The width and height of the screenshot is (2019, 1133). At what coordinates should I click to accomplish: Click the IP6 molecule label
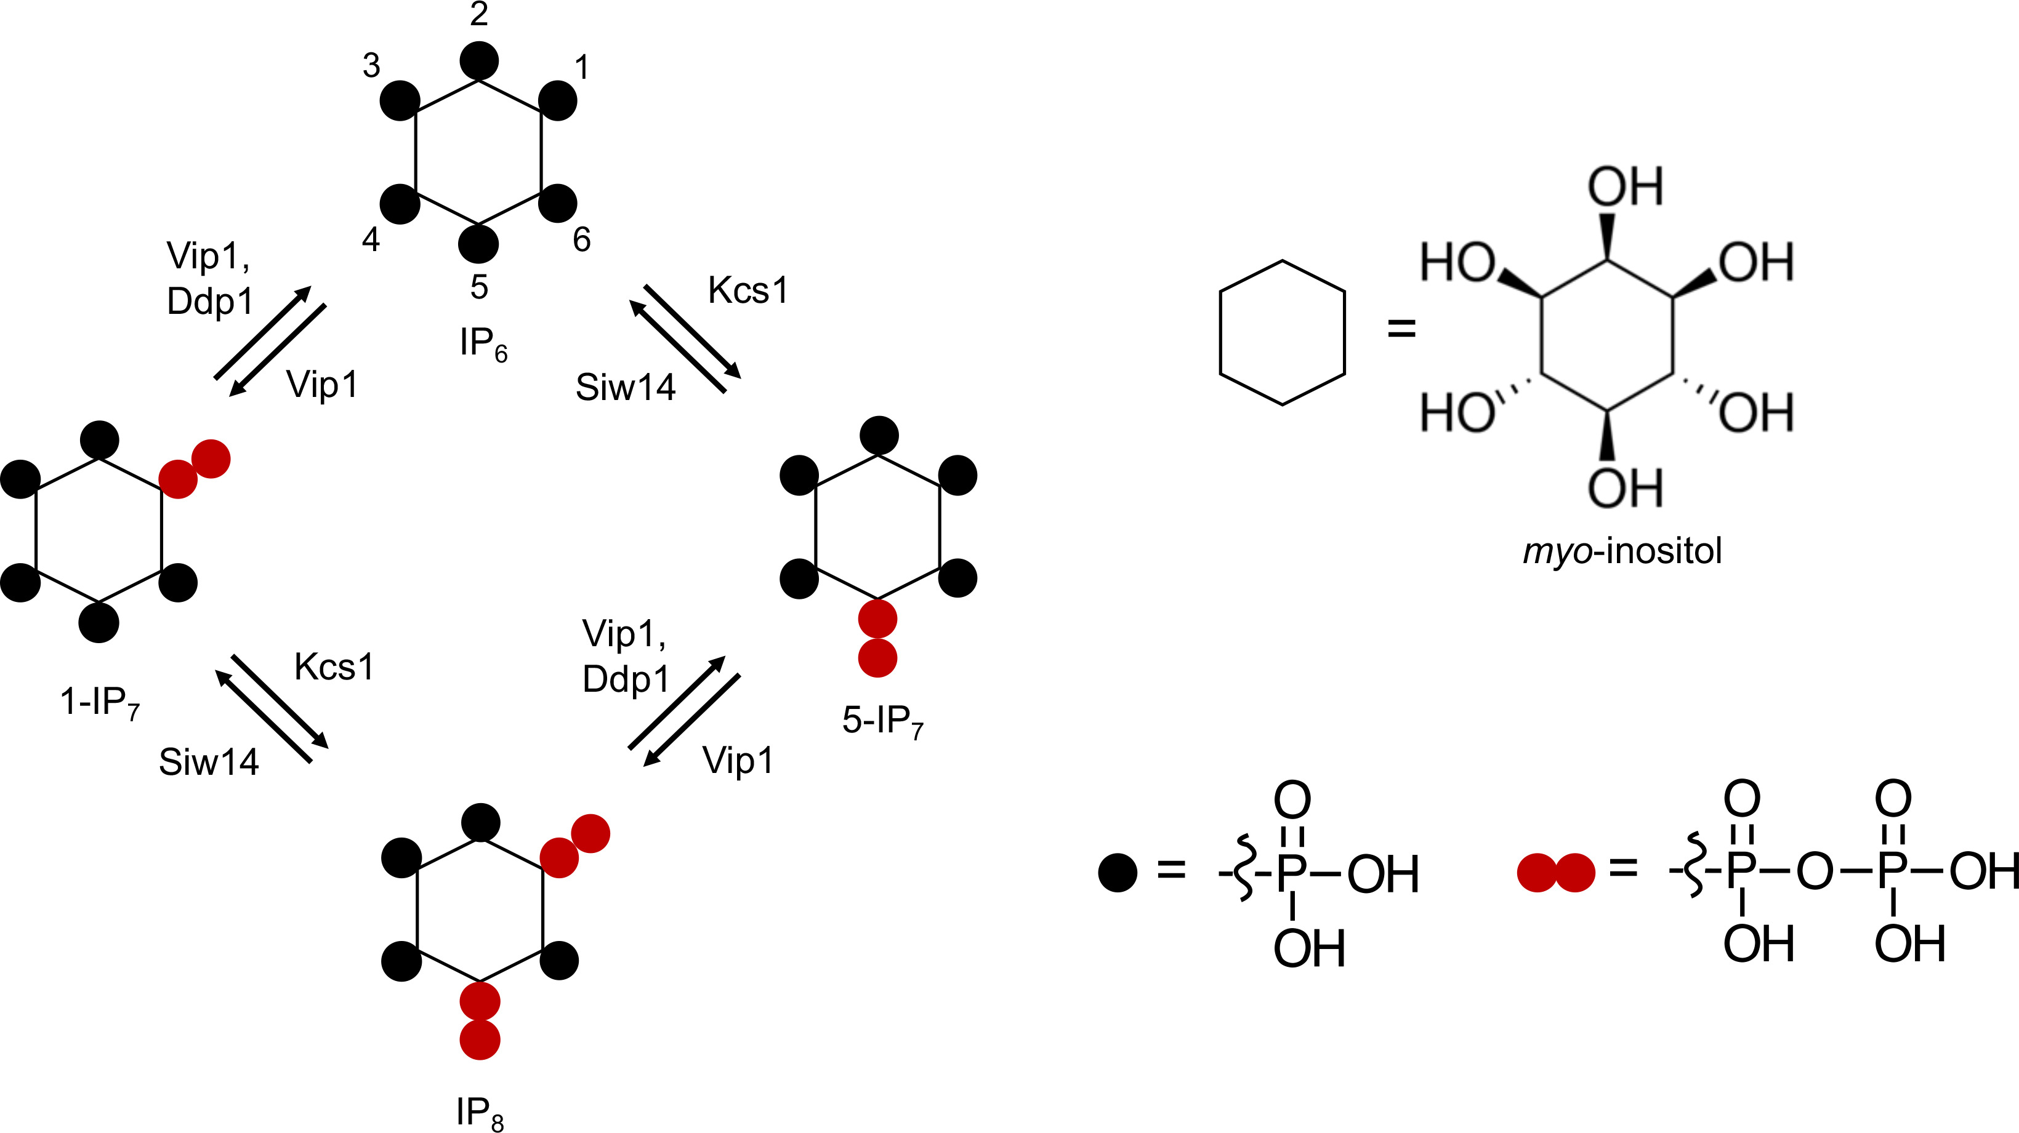pos(483,345)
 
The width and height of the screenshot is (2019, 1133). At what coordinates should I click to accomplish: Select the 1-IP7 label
pos(100,703)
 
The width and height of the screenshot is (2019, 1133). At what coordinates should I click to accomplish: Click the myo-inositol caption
pos(1622,551)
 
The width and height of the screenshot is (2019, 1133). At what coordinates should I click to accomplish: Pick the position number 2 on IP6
pos(479,14)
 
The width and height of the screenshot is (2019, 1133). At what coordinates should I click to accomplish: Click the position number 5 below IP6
pos(479,287)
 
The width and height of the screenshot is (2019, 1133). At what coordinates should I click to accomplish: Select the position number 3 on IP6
pos(371,66)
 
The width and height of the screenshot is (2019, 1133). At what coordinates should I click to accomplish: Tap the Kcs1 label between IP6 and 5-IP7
pos(748,290)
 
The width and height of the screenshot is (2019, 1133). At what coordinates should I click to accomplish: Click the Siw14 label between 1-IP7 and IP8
pos(209,763)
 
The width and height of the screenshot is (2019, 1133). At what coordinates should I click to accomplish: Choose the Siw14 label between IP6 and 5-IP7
pos(626,387)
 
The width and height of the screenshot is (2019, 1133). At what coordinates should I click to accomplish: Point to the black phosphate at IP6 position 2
pos(479,60)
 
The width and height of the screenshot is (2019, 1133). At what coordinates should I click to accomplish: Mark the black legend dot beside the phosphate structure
pos(1118,873)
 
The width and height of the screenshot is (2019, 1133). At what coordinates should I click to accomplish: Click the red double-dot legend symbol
pos(1556,873)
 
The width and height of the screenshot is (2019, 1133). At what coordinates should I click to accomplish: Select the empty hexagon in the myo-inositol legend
pos(1282,333)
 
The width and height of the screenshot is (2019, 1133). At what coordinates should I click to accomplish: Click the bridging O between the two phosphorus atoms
pos(1815,871)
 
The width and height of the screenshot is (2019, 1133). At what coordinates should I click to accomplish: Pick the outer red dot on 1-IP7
pos(211,458)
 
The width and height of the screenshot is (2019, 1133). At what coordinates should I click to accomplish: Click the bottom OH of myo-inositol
pos(1625,488)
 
